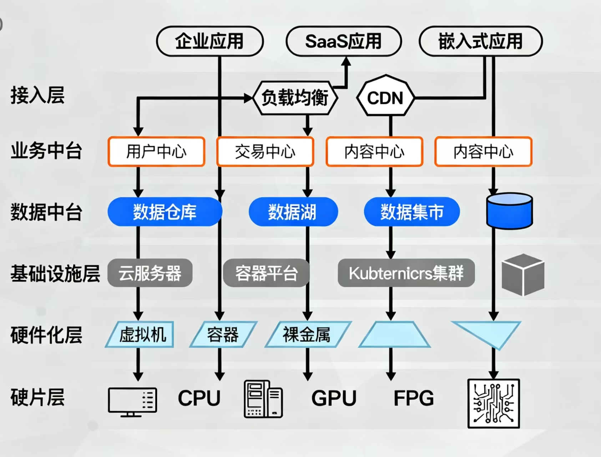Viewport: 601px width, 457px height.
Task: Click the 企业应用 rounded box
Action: tap(210, 41)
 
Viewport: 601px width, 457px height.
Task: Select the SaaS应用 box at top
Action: tap(343, 41)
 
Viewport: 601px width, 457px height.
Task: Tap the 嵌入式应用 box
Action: tap(480, 41)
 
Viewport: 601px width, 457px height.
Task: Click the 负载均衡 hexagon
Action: tap(295, 98)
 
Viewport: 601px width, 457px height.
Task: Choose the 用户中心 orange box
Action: tap(156, 151)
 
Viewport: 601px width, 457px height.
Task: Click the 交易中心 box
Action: tap(265, 151)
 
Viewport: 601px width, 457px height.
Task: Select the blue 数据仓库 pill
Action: tap(165, 212)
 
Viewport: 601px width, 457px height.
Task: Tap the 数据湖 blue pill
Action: tap(293, 212)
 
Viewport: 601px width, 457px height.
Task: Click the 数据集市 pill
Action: tap(411, 212)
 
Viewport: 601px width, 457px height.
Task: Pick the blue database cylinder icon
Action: tap(509, 211)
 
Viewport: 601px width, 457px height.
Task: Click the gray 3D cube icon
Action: tap(523, 274)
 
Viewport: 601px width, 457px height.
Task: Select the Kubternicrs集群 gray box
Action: tap(406, 273)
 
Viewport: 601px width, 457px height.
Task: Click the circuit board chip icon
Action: tap(494, 403)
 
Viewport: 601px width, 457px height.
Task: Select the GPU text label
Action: tap(334, 398)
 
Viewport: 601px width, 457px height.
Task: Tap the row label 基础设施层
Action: tap(55, 274)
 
